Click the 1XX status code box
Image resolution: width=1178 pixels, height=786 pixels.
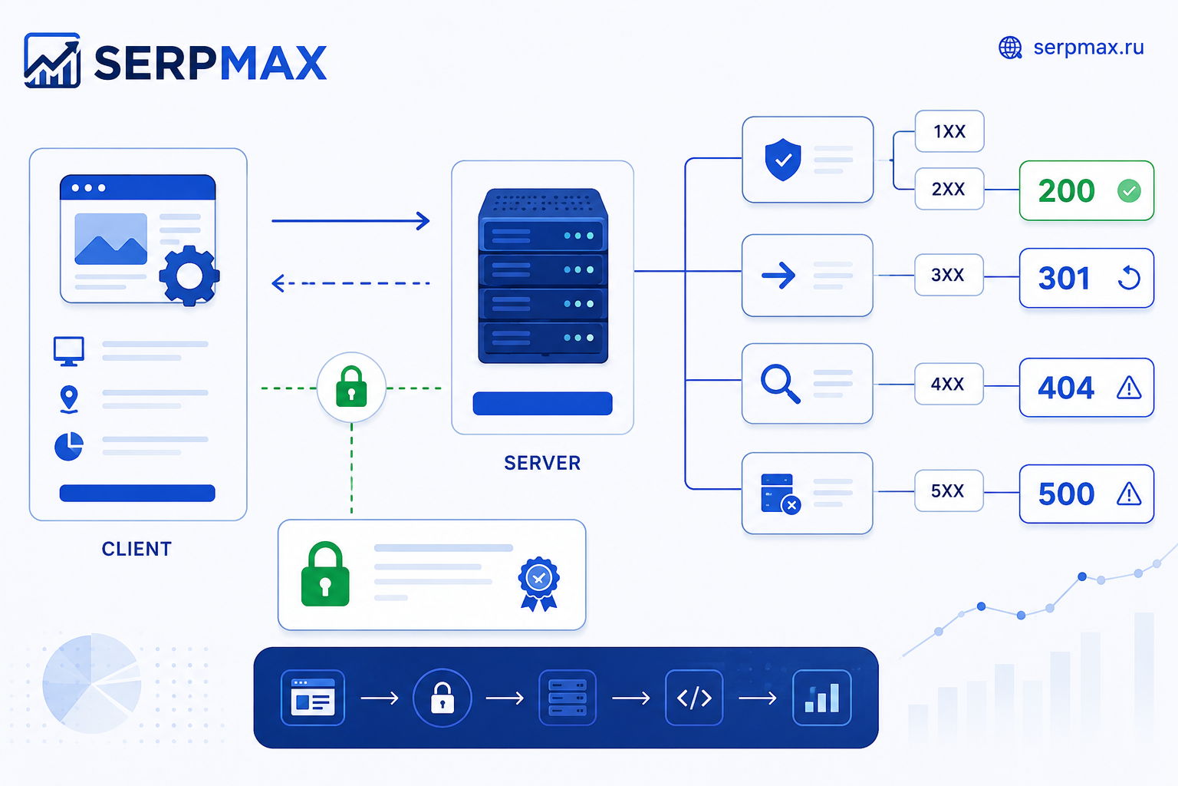949,131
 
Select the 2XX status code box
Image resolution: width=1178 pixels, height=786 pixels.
949,189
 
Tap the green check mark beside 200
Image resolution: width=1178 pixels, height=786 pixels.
1129,190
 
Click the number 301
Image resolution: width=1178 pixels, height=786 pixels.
1064,278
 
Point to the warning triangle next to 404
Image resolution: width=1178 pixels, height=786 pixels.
1129,388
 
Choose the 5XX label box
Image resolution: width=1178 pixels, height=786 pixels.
949,490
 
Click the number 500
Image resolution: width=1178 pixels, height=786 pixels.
1066,494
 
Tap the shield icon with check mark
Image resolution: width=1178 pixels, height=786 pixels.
783,160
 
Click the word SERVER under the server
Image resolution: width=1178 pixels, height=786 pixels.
542,464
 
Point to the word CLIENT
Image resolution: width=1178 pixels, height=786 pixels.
137,549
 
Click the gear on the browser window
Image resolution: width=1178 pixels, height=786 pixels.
189,276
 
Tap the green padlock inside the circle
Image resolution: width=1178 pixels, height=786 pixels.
351,387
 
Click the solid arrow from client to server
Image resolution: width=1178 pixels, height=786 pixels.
350,221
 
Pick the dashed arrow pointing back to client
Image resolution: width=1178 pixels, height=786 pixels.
350,283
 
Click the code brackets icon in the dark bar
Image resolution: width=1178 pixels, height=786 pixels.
694,698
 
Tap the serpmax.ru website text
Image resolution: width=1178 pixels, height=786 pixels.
1088,48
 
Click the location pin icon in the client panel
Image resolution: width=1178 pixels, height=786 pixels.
69,400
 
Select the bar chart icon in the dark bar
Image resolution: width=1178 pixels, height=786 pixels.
822,698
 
